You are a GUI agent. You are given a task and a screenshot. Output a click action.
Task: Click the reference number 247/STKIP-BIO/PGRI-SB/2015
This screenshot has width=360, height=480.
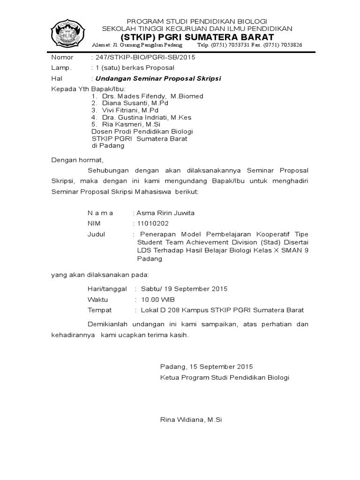pyautogui.click(x=145, y=57)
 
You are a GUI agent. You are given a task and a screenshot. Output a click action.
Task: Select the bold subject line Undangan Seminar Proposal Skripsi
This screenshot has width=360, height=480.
pyautogui.click(x=158, y=78)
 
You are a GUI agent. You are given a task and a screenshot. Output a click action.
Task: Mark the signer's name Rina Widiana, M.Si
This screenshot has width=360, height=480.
pyautogui.click(x=191, y=420)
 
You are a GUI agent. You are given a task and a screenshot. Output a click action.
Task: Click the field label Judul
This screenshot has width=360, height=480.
pyautogui.click(x=96, y=234)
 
